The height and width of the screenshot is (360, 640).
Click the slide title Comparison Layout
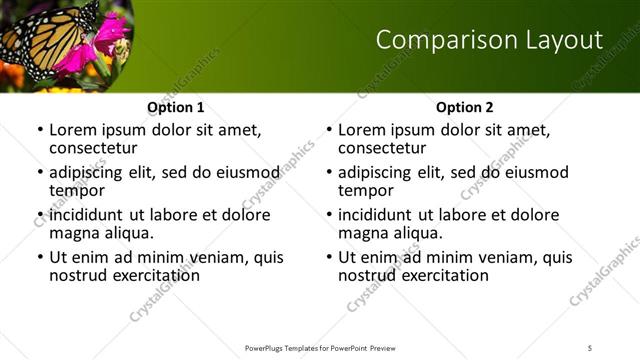tap(489, 40)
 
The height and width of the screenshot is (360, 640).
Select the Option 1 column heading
tap(176, 107)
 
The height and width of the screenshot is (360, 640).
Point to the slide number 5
tap(590, 347)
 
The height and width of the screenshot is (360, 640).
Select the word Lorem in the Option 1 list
tap(74, 130)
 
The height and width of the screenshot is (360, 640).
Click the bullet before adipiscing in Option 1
tap(40, 173)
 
